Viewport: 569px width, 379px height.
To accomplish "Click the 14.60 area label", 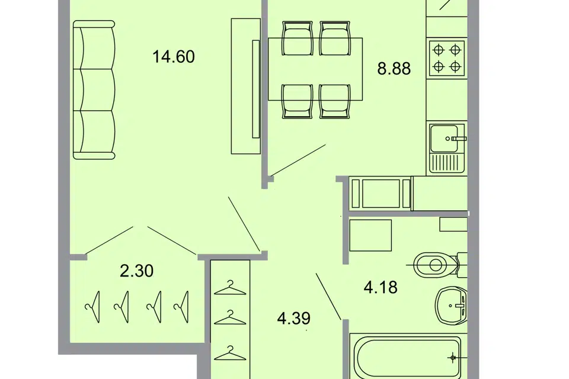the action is pos(174,57).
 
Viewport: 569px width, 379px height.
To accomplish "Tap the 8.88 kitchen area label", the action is pos(394,69).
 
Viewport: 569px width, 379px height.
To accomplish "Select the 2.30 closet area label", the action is pos(136,271).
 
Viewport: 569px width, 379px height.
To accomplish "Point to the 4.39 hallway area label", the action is pos(293,319).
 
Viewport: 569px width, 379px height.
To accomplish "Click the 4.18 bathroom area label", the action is pos(381,287).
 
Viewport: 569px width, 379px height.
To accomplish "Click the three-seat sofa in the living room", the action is pos(94,90).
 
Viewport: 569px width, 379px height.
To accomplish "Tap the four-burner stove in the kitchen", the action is pos(447,59).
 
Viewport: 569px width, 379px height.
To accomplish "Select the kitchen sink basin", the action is pos(443,139).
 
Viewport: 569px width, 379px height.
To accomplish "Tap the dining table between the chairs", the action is pos(315,69).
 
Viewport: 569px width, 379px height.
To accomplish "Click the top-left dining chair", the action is pos(297,38).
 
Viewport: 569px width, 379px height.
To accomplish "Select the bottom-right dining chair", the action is pos(335,101).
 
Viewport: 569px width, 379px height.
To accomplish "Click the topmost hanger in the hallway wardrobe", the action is pos(230,288).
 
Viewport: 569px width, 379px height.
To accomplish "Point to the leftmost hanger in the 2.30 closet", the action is pos(93,307).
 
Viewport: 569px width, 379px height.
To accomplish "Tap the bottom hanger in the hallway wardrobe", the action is pos(230,353).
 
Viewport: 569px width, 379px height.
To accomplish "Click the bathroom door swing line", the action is pos(328,297).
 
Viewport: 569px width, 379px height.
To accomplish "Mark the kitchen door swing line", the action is pos(298,160).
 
